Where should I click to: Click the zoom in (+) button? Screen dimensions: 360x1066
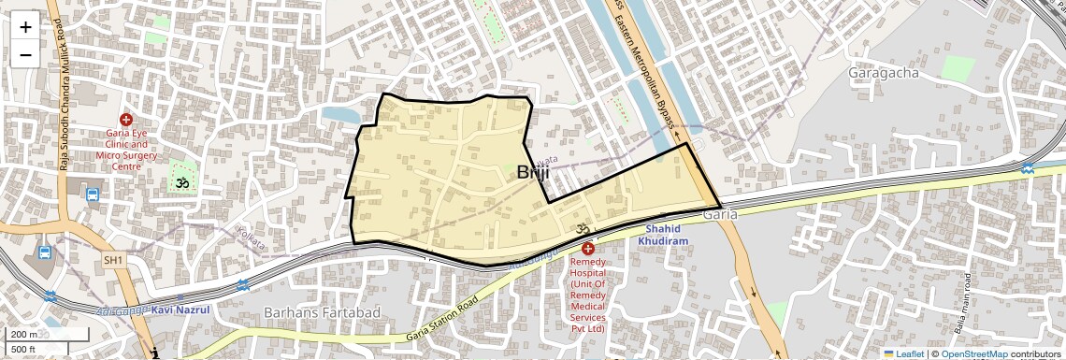(25, 27)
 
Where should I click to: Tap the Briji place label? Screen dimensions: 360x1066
(533, 173)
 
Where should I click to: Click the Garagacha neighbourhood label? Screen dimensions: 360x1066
(883, 72)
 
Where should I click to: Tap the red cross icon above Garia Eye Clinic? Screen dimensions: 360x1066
(126, 121)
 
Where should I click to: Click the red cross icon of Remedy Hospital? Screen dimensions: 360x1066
(587, 249)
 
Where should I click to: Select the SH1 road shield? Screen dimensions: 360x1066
(113, 259)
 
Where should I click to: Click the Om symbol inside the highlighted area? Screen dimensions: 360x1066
(578, 229)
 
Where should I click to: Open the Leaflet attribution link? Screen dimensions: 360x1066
(902, 353)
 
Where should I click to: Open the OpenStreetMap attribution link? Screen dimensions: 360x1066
(973, 353)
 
